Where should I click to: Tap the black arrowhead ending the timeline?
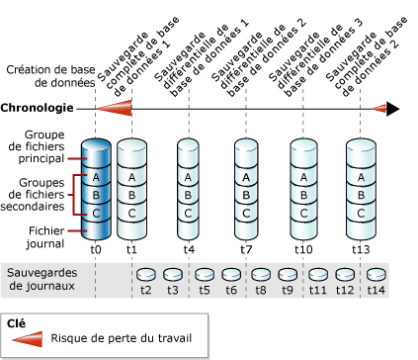point(392,109)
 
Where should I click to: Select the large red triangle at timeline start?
point(114,109)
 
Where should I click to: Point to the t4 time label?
point(188,249)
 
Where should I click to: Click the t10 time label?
point(302,249)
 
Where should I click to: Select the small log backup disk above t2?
point(146,274)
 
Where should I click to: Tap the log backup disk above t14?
point(376,274)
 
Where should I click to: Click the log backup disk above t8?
point(261,274)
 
